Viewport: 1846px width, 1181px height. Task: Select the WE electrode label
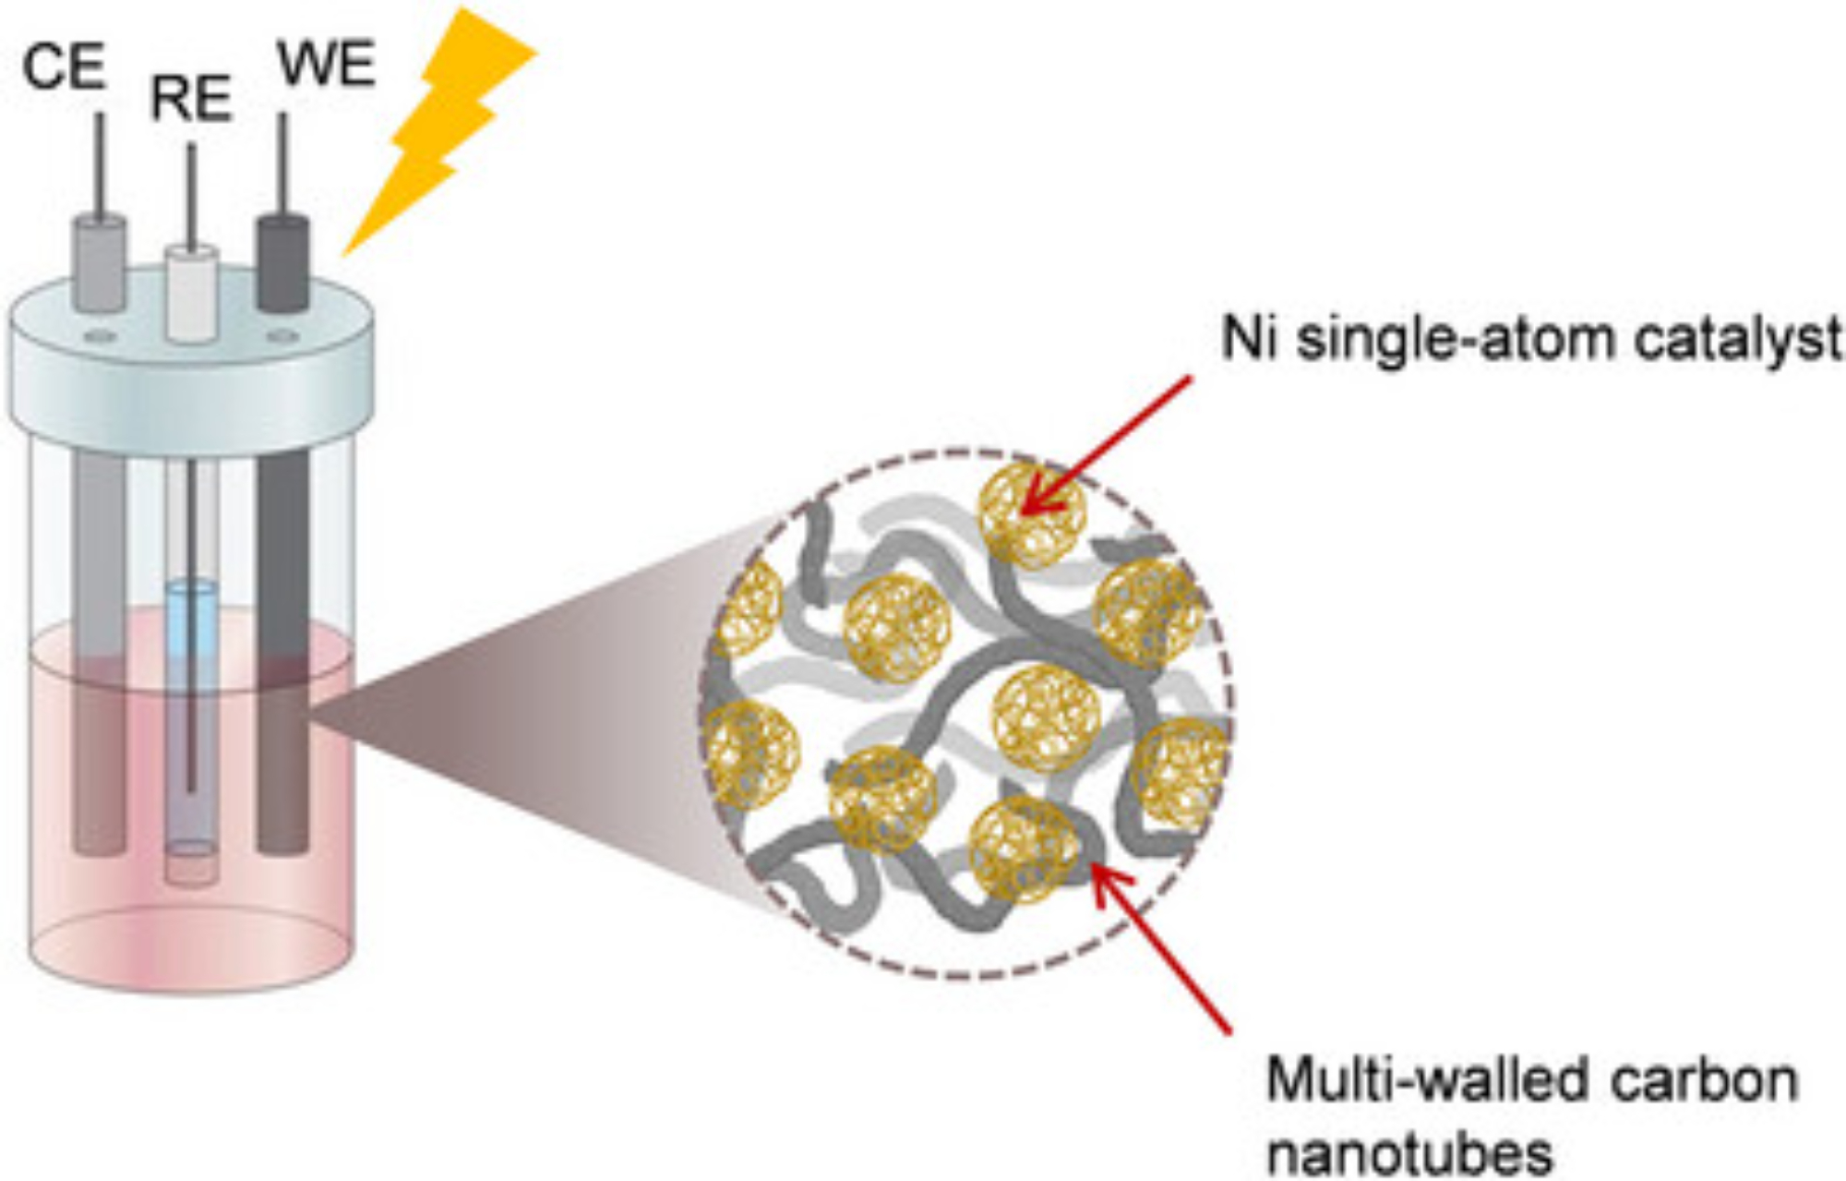pyautogui.click(x=326, y=65)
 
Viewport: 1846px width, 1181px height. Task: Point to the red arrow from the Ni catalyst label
pyautogui.click(x=1108, y=443)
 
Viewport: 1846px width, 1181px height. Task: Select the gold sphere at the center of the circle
pyautogui.click(x=1046, y=717)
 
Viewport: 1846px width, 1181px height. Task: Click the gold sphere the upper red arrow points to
pyautogui.click(x=1031, y=514)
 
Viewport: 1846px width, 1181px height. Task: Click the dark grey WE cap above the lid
pyautogui.click(x=282, y=263)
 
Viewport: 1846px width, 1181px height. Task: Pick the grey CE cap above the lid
pyautogui.click(x=100, y=263)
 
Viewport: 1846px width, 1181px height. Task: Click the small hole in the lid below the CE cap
pyautogui.click(x=100, y=337)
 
